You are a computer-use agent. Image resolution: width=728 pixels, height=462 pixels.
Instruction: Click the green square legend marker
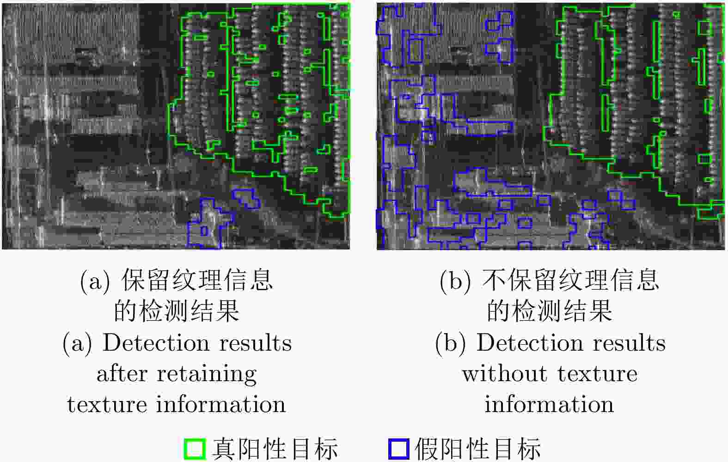point(195,449)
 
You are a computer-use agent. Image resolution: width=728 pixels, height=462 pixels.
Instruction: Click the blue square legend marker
point(399,449)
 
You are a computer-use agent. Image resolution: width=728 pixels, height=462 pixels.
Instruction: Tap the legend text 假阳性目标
point(478,449)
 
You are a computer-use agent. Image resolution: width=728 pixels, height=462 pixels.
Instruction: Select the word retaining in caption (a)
point(207,374)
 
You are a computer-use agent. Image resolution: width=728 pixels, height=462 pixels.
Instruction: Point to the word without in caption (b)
point(505,374)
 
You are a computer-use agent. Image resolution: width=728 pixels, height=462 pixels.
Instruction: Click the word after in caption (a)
point(122,374)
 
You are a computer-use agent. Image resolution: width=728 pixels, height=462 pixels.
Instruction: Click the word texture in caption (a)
point(107,405)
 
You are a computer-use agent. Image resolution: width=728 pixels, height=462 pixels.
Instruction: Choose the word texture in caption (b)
point(597,374)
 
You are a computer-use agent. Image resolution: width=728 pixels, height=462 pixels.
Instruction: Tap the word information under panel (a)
point(221,404)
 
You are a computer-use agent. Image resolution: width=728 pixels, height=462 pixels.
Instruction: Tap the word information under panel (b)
point(549,404)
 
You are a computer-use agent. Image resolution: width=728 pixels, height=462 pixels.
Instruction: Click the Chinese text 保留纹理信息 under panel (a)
point(197,280)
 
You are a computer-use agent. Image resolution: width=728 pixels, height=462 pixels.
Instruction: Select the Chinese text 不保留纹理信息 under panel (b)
point(570,280)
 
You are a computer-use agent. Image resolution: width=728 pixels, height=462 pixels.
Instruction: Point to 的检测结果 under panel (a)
point(177,311)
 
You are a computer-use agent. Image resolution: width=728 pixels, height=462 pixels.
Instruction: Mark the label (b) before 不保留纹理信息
point(455,280)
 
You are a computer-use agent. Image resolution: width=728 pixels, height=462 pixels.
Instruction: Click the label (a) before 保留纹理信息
point(95,280)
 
